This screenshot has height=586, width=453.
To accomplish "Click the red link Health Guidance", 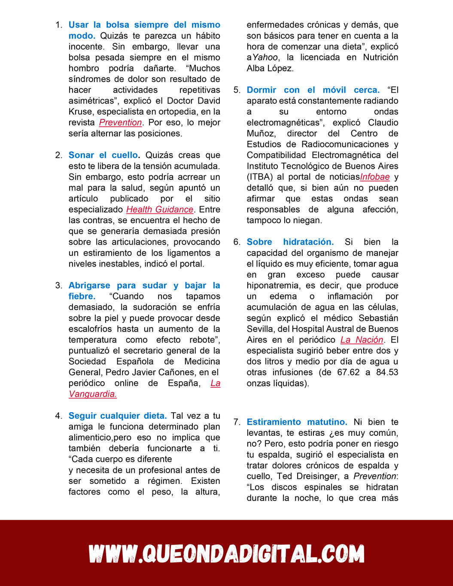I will (x=160, y=210).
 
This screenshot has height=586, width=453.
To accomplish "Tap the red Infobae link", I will (x=375, y=177).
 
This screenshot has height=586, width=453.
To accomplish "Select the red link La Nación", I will (x=362, y=340).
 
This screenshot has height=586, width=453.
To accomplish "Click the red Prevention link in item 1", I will (x=120, y=122).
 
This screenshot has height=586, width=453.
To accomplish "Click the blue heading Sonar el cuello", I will (x=103, y=155).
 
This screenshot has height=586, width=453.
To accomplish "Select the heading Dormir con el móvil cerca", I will (x=313, y=90).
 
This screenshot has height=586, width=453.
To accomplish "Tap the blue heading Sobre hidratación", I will (x=290, y=242).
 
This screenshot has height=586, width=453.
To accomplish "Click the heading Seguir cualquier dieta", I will (x=117, y=416).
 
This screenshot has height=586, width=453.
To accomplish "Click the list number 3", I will (x=58, y=285).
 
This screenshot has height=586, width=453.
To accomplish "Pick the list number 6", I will (x=237, y=242).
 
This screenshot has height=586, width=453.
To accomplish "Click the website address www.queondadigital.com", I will (x=226, y=553).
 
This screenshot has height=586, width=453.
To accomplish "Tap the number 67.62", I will (x=348, y=372).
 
